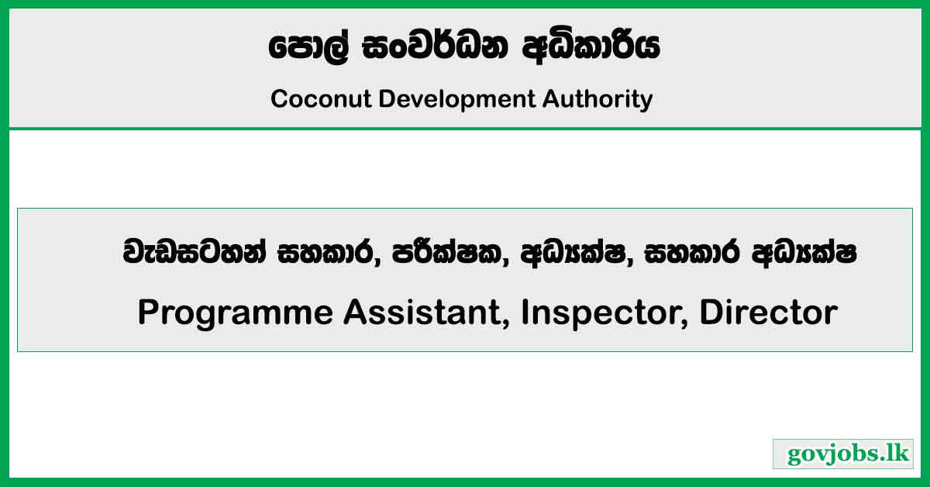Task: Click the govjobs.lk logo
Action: pos(843,454)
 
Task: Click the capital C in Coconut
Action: pos(279,99)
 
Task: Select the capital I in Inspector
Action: pos(525,313)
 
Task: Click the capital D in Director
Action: pos(710,313)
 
